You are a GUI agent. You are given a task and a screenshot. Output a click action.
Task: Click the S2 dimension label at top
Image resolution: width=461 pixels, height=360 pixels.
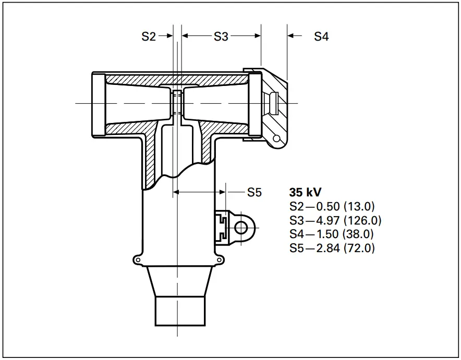[149, 36]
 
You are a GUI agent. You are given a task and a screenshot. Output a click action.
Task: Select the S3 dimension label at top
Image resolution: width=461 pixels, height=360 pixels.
[221, 36]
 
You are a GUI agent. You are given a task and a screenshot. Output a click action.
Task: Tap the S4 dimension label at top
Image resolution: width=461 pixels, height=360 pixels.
[321, 36]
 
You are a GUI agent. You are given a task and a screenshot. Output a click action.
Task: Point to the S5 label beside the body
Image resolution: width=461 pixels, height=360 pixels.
[254, 193]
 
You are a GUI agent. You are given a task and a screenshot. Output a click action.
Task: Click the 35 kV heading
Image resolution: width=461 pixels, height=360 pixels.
[305, 192]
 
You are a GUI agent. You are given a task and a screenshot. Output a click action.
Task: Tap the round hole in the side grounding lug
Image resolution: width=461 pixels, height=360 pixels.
[241, 227]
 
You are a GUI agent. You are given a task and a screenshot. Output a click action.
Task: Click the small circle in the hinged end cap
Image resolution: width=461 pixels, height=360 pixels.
[276, 138]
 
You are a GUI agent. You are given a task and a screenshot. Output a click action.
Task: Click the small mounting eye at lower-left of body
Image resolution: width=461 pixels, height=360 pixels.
[137, 259]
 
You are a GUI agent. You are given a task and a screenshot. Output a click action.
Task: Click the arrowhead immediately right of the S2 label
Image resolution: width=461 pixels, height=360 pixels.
[169, 36]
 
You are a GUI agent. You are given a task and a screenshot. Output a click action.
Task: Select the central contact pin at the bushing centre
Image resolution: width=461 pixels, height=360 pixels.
[177, 103]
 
